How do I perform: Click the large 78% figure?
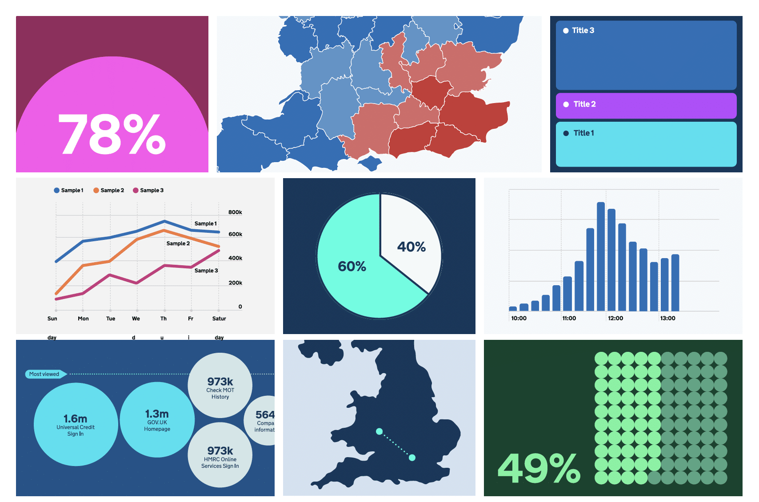(x=112, y=134)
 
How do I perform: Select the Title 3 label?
(x=583, y=31)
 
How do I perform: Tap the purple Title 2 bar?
(x=646, y=105)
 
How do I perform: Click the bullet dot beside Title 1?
(x=566, y=133)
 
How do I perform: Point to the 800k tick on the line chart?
(x=235, y=212)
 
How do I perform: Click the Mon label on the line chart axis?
(x=83, y=319)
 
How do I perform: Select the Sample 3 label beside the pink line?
(x=206, y=271)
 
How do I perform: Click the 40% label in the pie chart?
(x=411, y=247)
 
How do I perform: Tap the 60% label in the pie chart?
(x=352, y=267)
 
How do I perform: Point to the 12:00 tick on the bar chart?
(x=615, y=319)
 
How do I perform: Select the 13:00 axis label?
(x=667, y=319)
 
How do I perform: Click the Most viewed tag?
(x=44, y=374)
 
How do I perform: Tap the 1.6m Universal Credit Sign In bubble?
(x=76, y=424)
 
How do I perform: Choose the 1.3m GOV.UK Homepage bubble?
(x=157, y=420)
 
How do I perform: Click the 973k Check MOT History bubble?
(x=220, y=386)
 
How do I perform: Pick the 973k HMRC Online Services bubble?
(x=220, y=455)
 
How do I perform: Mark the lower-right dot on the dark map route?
(x=412, y=458)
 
